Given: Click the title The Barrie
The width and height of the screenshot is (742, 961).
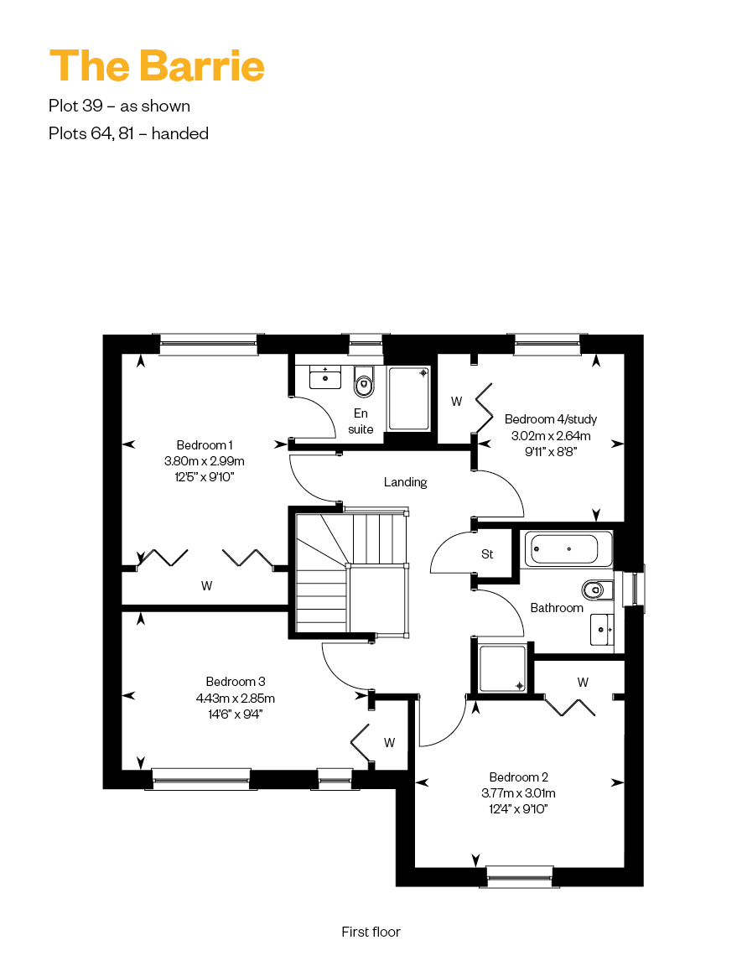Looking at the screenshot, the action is coord(157,65).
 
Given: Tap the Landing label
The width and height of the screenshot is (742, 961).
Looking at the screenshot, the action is coord(405,482).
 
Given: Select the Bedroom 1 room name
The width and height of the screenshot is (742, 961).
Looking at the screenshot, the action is coord(204,445).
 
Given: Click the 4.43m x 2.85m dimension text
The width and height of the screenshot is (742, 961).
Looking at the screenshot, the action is coord(236,698).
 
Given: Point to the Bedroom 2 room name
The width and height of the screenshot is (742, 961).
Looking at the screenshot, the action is coord(518,777).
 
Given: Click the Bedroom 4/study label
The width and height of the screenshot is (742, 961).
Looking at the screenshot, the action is coord(550,419).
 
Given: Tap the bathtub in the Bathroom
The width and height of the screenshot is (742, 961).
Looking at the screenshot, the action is coord(566,549).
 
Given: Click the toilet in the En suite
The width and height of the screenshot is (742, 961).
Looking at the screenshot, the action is coord(364,382).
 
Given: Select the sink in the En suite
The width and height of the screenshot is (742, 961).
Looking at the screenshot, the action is coord(324,377).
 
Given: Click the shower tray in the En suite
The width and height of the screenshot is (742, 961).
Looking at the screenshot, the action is coord(408,398).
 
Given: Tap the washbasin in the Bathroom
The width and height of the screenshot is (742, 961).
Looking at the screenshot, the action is coord(602,630).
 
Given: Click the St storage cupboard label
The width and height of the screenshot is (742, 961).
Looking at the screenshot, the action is coord(487,554).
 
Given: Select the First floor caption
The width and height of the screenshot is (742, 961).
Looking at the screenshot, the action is coord(371,932).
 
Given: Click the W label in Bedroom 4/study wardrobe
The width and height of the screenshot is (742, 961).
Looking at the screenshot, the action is coord(456,402).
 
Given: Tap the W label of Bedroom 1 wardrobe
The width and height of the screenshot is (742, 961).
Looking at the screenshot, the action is coord(206,586).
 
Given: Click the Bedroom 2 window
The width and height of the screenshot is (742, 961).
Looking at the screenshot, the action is coord(520,876).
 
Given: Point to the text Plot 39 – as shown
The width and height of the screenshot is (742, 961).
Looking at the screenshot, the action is coord(120,106).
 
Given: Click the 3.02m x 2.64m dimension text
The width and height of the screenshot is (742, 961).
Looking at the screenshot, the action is coord(551,436).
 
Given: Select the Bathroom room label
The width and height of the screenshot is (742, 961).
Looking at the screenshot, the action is coord(557,608).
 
